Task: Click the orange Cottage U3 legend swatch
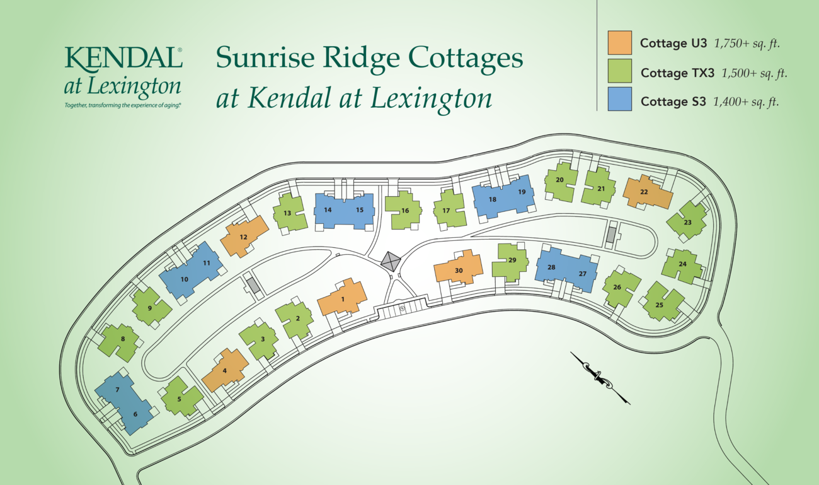pyautogui.click(x=620, y=43)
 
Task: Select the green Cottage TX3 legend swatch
pyautogui.click(x=620, y=72)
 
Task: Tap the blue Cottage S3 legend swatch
pyautogui.click(x=620, y=100)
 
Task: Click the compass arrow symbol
pyautogui.click(x=600, y=377)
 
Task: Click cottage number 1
pyautogui.click(x=342, y=299)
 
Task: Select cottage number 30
pyautogui.click(x=459, y=270)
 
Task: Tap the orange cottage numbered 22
pyautogui.click(x=644, y=192)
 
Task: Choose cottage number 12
pyautogui.click(x=243, y=237)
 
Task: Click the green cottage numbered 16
pyautogui.click(x=403, y=211)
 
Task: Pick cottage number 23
pyautogui.click(x=687, y=222)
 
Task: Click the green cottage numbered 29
pyautogui.click(x=512, y=260)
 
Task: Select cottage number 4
pyautogui.click(x=225, y=370)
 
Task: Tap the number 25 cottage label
pyautogui.click(x=659, y=305)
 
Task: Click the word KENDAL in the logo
pyautogui.click(x=122, y=59)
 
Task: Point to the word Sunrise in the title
pyautogui.click(x=261, y=58)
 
